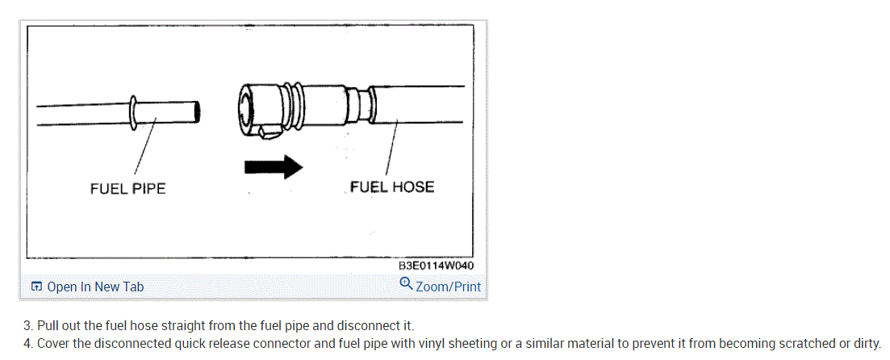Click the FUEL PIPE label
click(x=127, y=189)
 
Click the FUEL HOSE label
click(x=392, y=187)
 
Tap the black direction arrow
click(x=273, y=166)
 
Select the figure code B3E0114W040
click(x=436, y=266)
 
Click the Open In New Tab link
click(x=95, y=287)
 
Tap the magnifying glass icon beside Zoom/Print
click(x=406, y=284)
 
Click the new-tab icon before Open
click(x=36, y=287)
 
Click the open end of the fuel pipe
click(x=197, y=111)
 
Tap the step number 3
click(x=27, y=326)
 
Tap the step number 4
click(x=27, y=344)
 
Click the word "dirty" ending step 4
click(x=866, y=344)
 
